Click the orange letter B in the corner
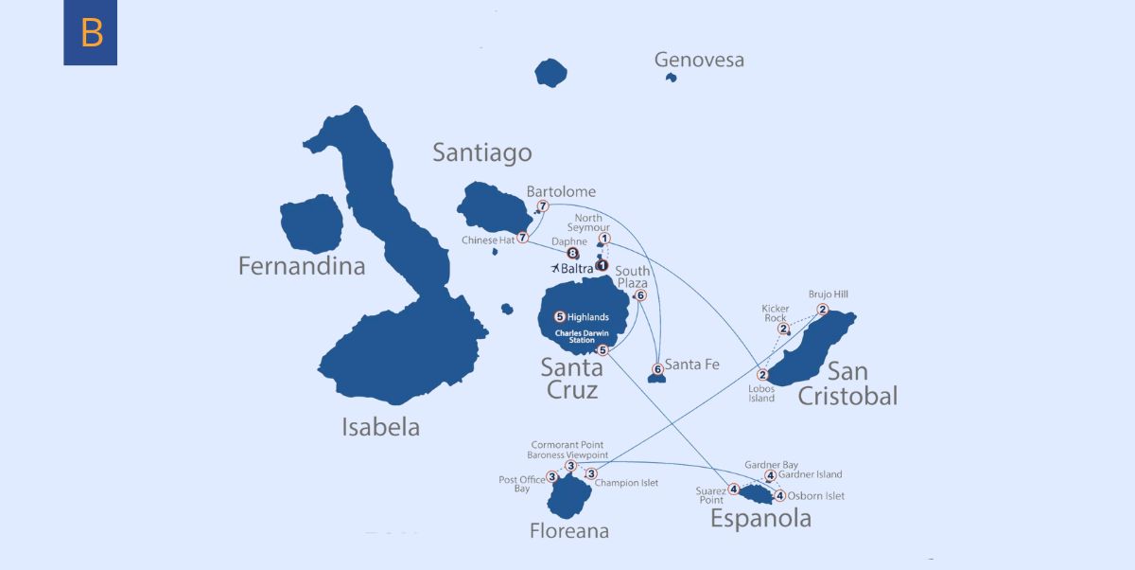[91, 33]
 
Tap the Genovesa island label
[699, 60]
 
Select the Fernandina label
[301, 266]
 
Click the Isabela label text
[380, 427]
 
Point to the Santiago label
[481, 152]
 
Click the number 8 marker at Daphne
[571, 254]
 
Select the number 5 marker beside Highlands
[559, 316]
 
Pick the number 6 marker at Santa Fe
[657, 369]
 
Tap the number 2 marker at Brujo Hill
[823, 310]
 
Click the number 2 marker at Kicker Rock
[783, 329]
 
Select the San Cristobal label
[847, 383]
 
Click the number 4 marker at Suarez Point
[734, 490]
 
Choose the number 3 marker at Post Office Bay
[551, 477]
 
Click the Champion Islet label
[631, 483]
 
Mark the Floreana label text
[568, 531]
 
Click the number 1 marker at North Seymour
[604, 239]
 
